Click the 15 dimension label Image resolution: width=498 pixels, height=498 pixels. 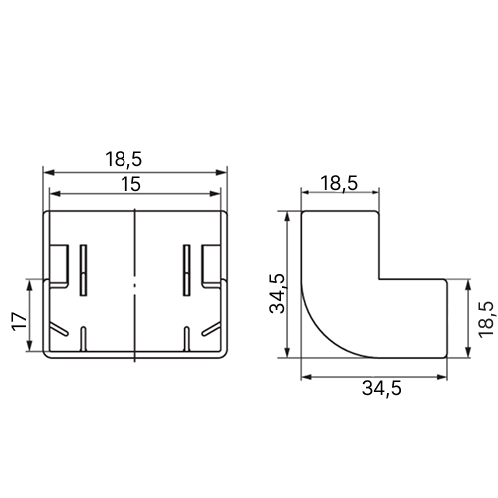tap(131, 184)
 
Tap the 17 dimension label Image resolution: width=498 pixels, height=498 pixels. tap(20, 321)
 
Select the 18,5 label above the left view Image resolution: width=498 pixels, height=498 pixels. tap(124, 159)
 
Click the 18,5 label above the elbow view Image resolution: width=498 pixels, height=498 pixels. tap(339, 183)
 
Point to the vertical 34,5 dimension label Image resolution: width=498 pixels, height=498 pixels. tap(277, 293)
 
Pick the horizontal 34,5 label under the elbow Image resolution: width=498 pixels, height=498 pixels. tap(381, 388)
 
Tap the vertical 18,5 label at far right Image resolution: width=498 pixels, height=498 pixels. tap(487, 320)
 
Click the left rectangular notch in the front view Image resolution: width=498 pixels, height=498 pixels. tap(59, 266)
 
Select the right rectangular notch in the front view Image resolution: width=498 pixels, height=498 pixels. tap(211, 265)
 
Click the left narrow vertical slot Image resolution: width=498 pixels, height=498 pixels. tap(83, 270)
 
